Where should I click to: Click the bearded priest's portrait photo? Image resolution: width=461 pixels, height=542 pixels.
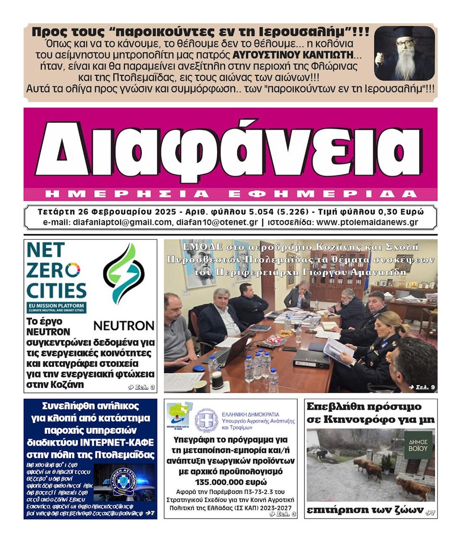(404, 53)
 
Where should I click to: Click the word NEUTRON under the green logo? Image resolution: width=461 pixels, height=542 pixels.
(123, 325)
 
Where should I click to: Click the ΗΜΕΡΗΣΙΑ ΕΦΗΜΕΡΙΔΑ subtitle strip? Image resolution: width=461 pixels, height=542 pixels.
(230, 194)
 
